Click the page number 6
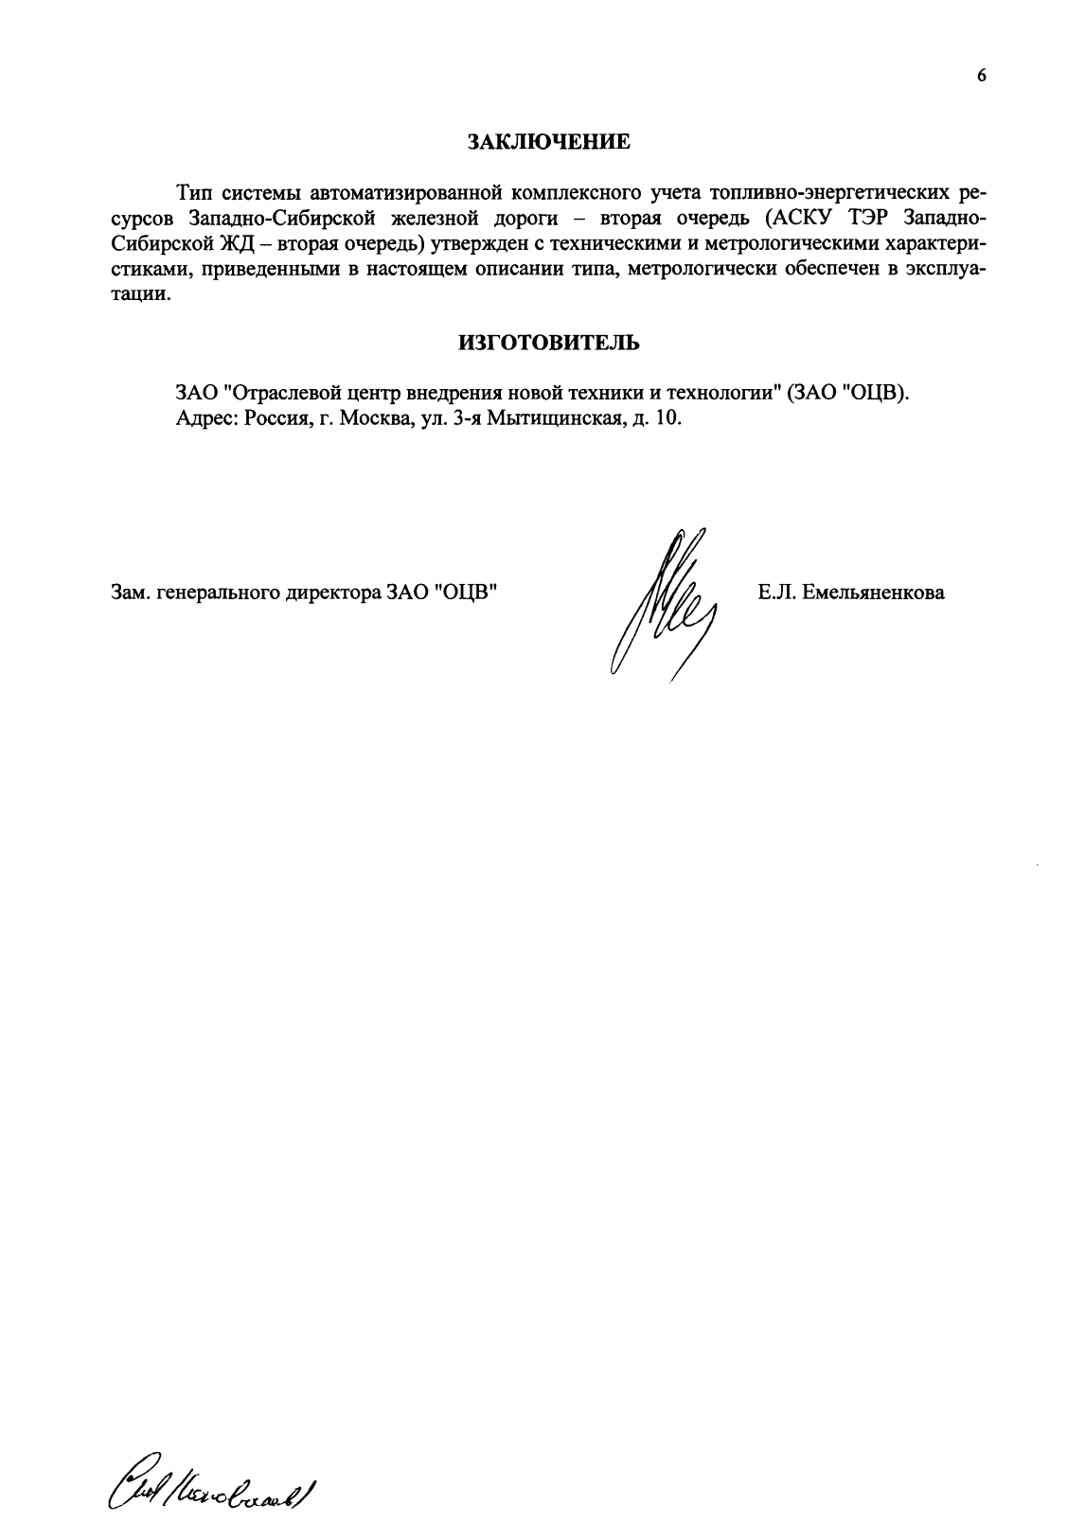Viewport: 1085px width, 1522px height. click(x=982, y=77)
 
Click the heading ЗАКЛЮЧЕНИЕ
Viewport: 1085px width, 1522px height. click(x=549, y=143)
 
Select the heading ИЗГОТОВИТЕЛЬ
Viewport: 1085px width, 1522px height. click(x=549, y=343)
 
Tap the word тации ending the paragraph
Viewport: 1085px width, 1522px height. click(x=138, y=293)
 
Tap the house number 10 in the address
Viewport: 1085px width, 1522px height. click(x=667, y=417)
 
